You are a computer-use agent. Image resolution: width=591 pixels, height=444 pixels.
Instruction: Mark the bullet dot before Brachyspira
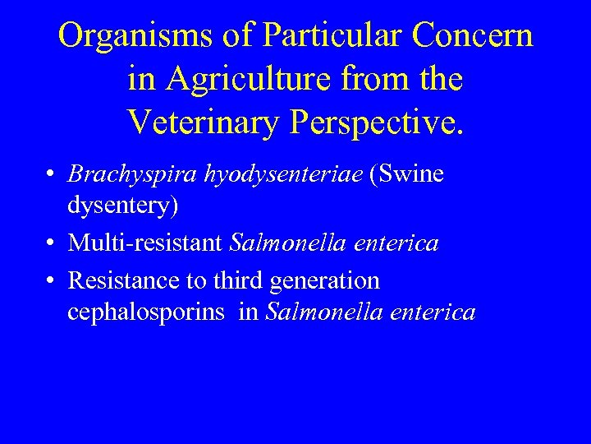51,175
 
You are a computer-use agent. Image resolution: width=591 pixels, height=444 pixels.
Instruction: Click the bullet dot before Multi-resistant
51,244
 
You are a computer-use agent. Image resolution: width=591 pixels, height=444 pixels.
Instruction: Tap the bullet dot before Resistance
51,281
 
